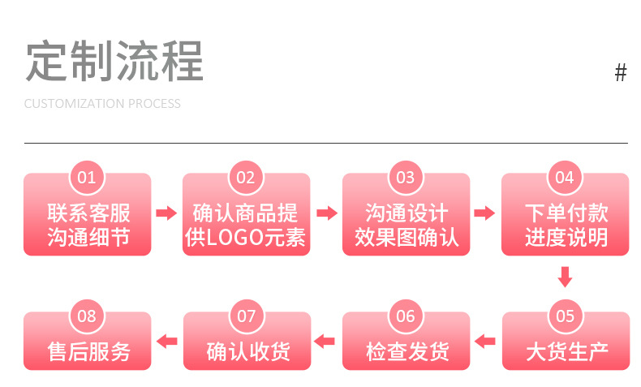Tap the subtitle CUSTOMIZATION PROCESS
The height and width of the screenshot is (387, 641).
pos(102,104)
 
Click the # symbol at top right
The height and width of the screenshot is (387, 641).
pos(621,73)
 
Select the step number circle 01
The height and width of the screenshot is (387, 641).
pos(87,178)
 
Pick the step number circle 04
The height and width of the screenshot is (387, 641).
pos(565,178)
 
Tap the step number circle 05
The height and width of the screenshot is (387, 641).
pos(565,316)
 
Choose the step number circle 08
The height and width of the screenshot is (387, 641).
pos(87,316)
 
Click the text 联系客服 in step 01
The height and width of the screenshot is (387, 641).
pos(88,213)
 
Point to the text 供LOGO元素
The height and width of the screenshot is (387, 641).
pos(246,238)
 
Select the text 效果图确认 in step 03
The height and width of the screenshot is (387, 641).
pos(406,238)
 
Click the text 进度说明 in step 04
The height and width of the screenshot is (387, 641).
pos(566,238)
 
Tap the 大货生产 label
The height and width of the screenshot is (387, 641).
pos(566,352)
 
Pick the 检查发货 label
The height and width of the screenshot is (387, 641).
pos(406,352)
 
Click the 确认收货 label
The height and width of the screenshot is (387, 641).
pos(247,352)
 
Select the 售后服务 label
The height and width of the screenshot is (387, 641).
pos(88,352)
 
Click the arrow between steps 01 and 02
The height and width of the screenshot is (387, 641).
pos(166,213)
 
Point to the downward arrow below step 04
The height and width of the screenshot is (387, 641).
pos(566,277)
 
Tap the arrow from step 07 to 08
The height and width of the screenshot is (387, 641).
pos(166,341)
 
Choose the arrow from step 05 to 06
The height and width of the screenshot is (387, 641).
pos(485,341)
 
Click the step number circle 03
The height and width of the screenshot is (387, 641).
pos(406,178)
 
